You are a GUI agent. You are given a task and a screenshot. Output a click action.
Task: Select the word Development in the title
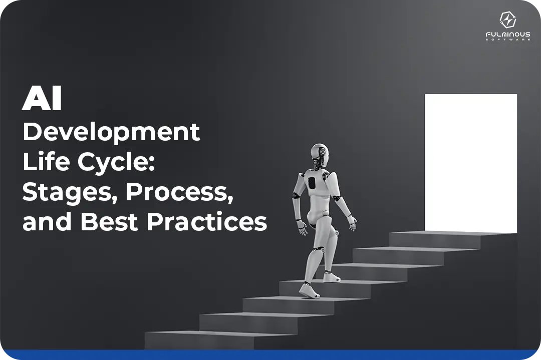pyautogui.click(x=111, y=133)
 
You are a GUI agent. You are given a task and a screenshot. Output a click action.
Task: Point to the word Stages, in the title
pyautogui.click(x=67, y=192)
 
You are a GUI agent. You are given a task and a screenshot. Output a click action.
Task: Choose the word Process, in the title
pyautogui.click(x=180, y=192)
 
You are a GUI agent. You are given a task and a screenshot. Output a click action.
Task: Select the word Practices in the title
pyautogui.click(x=206, y=221)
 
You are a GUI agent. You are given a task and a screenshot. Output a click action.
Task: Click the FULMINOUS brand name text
pyautogui.click(x=508, y=35)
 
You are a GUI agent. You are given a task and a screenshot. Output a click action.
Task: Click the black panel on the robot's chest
pyautogui.click(x=312, y=183)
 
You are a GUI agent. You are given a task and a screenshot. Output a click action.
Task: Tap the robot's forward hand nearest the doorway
pyautogui.click(x=352, y=224)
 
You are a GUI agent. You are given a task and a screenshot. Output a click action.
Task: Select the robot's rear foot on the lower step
pyautogui.click(x=309, y=290)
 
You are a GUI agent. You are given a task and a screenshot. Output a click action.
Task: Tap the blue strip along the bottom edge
pyautogui.click(x=270, y=355)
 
